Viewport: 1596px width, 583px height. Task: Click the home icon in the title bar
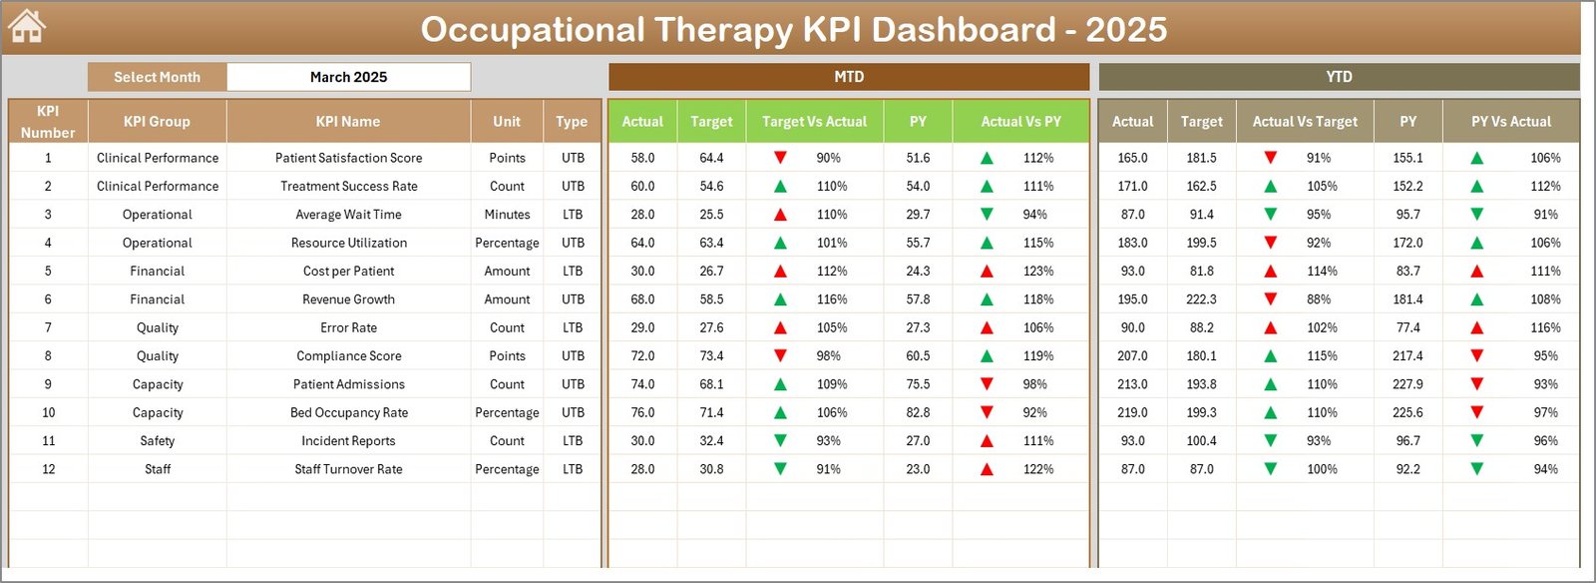click(x=26, y=26)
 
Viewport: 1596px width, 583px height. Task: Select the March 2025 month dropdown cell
click(x=348, y=77)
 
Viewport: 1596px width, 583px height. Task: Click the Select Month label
click(x=157, y=77)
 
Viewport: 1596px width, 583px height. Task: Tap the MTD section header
click(x=849, y=77)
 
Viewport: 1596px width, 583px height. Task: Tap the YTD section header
click(x=1339, y=77)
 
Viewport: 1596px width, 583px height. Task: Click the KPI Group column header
click(x=157, y=122)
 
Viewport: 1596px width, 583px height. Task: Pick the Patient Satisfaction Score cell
click(x=348, y=158)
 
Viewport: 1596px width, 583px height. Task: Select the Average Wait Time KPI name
click(x=348, y=215)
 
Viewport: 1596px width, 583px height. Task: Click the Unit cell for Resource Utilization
click(x=507, y=243)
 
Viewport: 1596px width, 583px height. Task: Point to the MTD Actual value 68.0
click(x=642, y=299)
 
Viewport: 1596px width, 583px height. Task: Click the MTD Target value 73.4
click(x=711, y=356)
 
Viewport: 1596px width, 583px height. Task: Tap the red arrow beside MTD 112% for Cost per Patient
click(x=780, y=272)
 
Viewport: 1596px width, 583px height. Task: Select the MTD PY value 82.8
click(x=918, y=412)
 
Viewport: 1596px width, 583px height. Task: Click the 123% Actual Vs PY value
click(x=1037, y=272)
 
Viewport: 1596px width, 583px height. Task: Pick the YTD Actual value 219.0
click(x=1132, y=412)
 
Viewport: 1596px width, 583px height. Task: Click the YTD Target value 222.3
click(x=1201, y=299)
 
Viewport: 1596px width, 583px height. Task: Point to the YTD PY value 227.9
click(x=1407, y=384)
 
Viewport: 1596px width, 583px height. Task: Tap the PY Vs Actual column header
click(x=1510, y=122)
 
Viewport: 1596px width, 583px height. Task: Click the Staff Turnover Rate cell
click(x=348, y=469)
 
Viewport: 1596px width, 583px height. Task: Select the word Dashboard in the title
click(x=964, y=29)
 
